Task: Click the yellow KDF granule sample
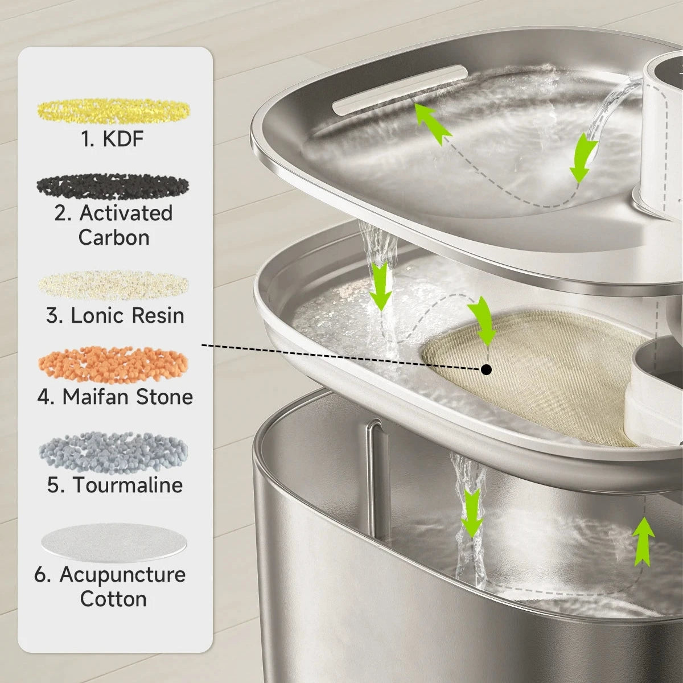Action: [x=114, y=111]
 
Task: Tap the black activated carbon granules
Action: [x=113, y=187]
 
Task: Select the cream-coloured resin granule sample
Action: [x=113, y=285]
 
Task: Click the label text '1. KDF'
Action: [x=113, y=139]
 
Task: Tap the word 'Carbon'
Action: [x=114, y=237]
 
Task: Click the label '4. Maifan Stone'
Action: [x=115, y=397]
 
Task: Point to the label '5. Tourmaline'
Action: [x=115, y=484]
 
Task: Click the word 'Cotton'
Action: [x=113, y=599]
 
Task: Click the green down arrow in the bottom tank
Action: [x=471, y=513]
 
